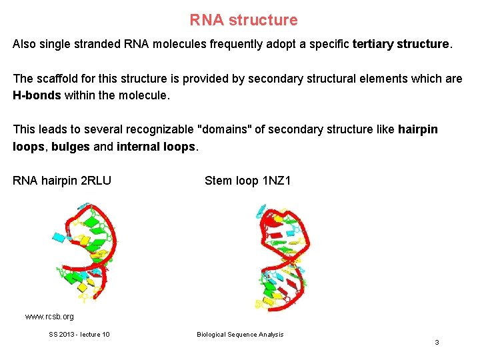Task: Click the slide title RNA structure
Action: pyautogui.click(x=243, y=20)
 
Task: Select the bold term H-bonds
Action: pyautogui.click(x=37, y=95)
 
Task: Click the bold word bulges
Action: pyautogui.click(x=70, y=146)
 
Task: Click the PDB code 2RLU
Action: pyautogui.click(x=95, y=181)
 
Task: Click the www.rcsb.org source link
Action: pyautogui.click(x=49, y=317)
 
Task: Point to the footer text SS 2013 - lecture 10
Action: pyautogui.click(x=79, y=335)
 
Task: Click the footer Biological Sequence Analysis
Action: pyautogui.click(x=240, y=335)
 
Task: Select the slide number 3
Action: pyautogui.click(x=437, y=343)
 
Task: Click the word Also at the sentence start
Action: pyautogui.click(x=25, y=45)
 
